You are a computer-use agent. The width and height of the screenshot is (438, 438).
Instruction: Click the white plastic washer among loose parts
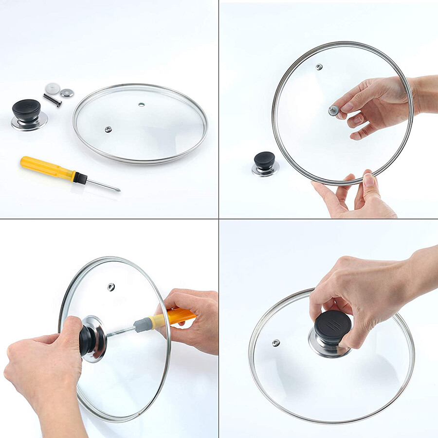point(52,89)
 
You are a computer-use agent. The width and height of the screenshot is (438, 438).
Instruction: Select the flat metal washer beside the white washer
point(67,92)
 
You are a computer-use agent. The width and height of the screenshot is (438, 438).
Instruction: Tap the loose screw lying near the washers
point(52,100)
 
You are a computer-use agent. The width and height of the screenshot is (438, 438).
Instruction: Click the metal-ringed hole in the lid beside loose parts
point(108,129)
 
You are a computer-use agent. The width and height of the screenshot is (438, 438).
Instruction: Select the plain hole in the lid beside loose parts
point(141,104)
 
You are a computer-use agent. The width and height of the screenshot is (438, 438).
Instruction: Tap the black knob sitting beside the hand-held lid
point(265,160)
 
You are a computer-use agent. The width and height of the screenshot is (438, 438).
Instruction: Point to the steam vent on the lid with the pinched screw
point(319,67)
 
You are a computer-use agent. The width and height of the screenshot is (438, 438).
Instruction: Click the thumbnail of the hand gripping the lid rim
point(369,181)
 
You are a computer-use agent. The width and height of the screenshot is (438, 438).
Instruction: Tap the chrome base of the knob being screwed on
point(95,338)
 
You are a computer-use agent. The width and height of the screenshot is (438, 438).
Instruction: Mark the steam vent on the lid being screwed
point(111,286)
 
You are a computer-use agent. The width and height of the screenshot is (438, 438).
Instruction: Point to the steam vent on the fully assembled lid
point(276,343)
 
